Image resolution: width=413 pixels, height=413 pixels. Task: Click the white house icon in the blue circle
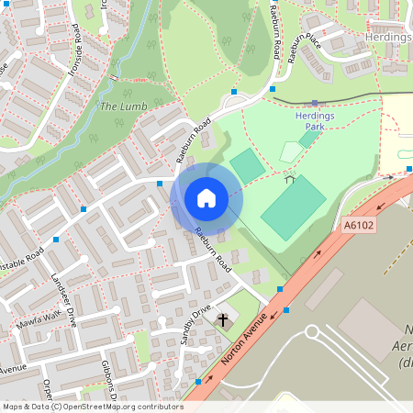click(x=206, y=197)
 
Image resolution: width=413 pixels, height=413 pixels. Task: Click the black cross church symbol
click(x=222, y=320)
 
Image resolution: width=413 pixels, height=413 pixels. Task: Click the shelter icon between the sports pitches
click(x=290, y=178)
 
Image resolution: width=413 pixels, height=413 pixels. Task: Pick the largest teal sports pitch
click(x=293, y=208)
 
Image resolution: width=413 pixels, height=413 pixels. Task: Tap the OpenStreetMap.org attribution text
click(x=119, y=406)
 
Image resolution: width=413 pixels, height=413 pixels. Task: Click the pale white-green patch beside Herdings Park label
click(x=291, y=151)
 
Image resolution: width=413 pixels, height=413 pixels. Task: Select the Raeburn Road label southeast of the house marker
click(x=210, y=248)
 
